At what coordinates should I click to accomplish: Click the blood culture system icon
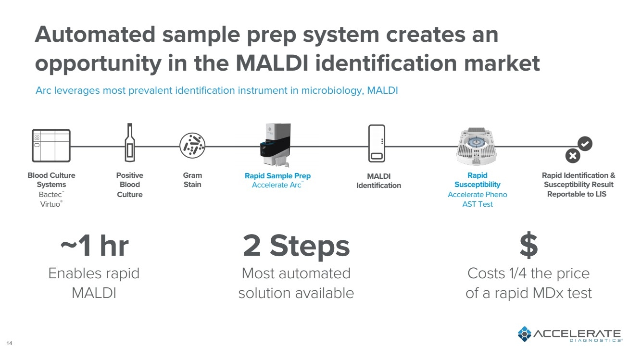point(50,145)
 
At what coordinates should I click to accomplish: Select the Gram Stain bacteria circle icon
point(192,145)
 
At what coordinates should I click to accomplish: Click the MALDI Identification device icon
point(377,144)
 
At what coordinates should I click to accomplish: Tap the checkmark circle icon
point(585,144)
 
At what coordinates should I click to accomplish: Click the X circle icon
point(572,156)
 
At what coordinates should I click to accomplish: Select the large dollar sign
point(528,246)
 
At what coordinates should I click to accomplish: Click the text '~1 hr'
point(94,246)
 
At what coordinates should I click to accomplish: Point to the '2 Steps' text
point(296,246)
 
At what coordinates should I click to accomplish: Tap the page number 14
point(9,343)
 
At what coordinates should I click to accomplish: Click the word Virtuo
point(50,204)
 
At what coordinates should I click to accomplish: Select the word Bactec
point(50,195)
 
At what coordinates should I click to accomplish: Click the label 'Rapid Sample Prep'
point(277,176)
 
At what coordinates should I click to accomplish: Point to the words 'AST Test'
point(477,204)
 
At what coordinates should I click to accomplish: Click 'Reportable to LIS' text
point(577,194)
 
